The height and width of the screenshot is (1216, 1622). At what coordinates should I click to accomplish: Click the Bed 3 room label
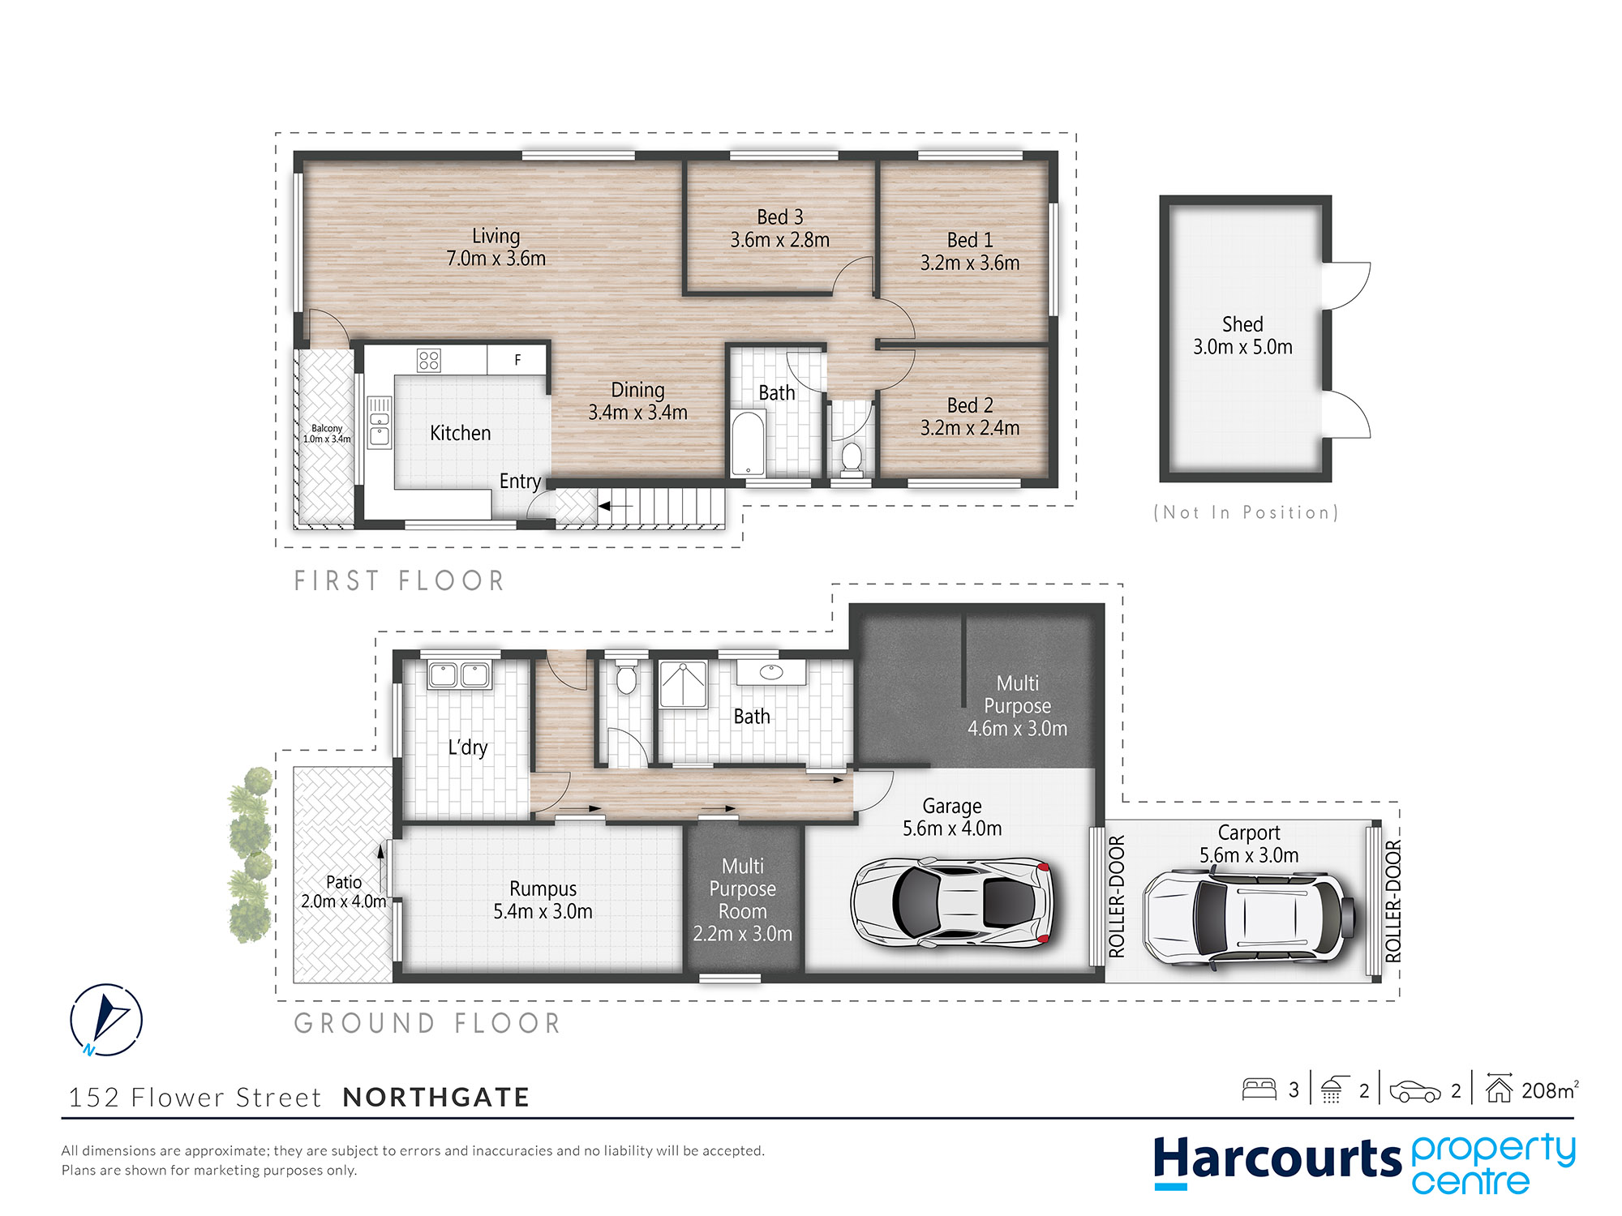click(780, 229)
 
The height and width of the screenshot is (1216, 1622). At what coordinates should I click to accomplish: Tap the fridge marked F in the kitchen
click(517, 360)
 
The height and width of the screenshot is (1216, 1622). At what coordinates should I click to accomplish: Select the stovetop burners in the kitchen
click(429, 360)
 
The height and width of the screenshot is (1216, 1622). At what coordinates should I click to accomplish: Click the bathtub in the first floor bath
click(748, 443)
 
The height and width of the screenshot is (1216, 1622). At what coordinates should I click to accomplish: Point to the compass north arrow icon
click(106, 1019)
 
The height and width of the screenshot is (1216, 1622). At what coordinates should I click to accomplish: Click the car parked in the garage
click(952, 901)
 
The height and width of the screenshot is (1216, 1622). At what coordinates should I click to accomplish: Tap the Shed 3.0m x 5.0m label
click(1242, 336)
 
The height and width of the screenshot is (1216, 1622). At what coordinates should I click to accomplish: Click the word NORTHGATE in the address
click(436, 1098)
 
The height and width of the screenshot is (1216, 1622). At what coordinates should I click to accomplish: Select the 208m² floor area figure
click(1550, 1090)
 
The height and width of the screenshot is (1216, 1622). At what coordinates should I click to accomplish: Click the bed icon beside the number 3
click(1259, 1090)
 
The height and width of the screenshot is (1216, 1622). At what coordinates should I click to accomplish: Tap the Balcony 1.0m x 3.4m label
click(327, 434)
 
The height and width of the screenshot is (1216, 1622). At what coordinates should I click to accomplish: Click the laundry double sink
click(459, 675)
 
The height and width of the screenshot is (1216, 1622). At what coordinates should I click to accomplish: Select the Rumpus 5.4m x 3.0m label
click(543, 900)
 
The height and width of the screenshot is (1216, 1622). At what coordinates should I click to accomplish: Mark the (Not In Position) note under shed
click(1247, 512)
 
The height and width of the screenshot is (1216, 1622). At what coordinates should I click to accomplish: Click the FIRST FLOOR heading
click(399, 580)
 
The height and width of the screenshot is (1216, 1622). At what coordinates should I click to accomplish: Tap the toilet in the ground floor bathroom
click(626, 676)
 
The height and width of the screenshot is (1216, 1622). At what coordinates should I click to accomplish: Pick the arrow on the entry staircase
click(616, 507)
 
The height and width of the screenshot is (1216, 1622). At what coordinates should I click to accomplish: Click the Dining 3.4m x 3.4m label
click(637, 401)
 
